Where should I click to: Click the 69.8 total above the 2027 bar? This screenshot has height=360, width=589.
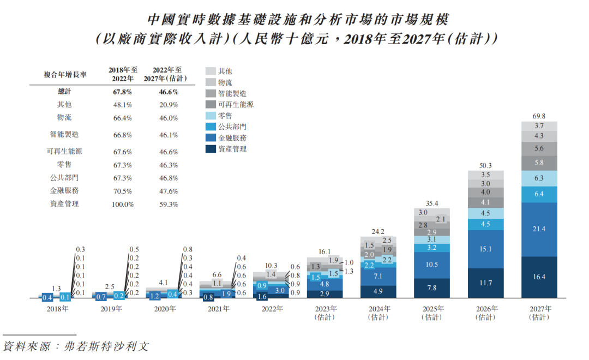539,116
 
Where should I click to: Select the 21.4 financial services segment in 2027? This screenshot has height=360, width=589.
539,229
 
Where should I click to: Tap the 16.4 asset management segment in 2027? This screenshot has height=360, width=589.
539,277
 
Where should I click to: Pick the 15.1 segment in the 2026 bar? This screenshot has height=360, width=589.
485,249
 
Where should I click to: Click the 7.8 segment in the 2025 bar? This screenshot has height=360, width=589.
431,288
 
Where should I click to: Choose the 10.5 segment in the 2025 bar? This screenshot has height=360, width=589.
431,265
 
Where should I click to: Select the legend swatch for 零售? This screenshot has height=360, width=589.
211,116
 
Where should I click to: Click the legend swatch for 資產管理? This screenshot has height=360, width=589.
211,148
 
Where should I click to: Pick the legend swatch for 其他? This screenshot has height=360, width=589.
211,71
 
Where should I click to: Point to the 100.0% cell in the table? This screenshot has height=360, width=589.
122,204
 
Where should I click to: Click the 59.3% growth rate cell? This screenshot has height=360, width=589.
168,204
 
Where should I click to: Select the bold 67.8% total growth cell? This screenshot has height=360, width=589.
122,92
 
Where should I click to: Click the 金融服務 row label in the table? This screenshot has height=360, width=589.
64,190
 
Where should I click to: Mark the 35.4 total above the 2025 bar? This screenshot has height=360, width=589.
431,203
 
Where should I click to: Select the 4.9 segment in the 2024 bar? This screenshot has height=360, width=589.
378,291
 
